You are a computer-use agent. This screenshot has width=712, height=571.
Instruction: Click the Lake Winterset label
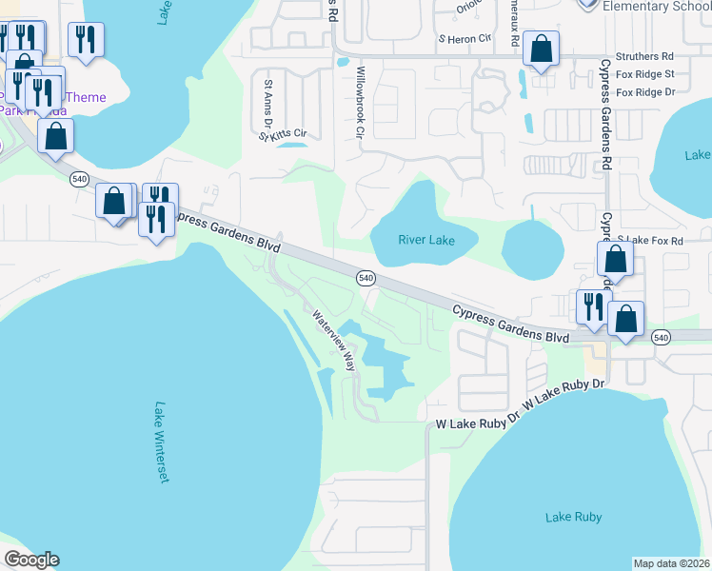pyautogui.click(x=160, y=442)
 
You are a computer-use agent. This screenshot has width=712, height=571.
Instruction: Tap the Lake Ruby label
pyautogui.click(x=574, y=517)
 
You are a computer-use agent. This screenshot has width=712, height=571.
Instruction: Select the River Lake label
pyautogui.click(x=426, y=241)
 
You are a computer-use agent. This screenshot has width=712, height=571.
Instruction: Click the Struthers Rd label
pyautogui.click(x=644, y=57)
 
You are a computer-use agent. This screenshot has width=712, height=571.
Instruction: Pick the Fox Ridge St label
pyautogui.click(x=645, y=74)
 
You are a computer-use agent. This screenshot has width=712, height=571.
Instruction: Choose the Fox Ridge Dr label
pyautogui.click(x=645, y=92)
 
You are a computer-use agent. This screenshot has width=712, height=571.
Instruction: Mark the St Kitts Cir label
pyautogui.click(x=283, y=135)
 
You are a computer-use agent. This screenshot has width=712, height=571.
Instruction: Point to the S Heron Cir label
pyautogui.click(x=464, y=39)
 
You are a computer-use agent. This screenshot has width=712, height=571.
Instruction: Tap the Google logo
pyautogui.click(x=31, y=560)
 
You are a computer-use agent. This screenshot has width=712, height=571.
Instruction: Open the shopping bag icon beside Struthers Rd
pyautogui.click(x=541, y=49)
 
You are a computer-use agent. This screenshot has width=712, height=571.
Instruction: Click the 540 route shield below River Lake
pyautogui.click(x=366, y=278)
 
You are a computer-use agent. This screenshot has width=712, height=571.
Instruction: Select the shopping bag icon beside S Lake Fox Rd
pyautogui.click(x=615, y=258)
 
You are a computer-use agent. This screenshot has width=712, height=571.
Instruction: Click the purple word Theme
pyautogui.click(x=86, y=97)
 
